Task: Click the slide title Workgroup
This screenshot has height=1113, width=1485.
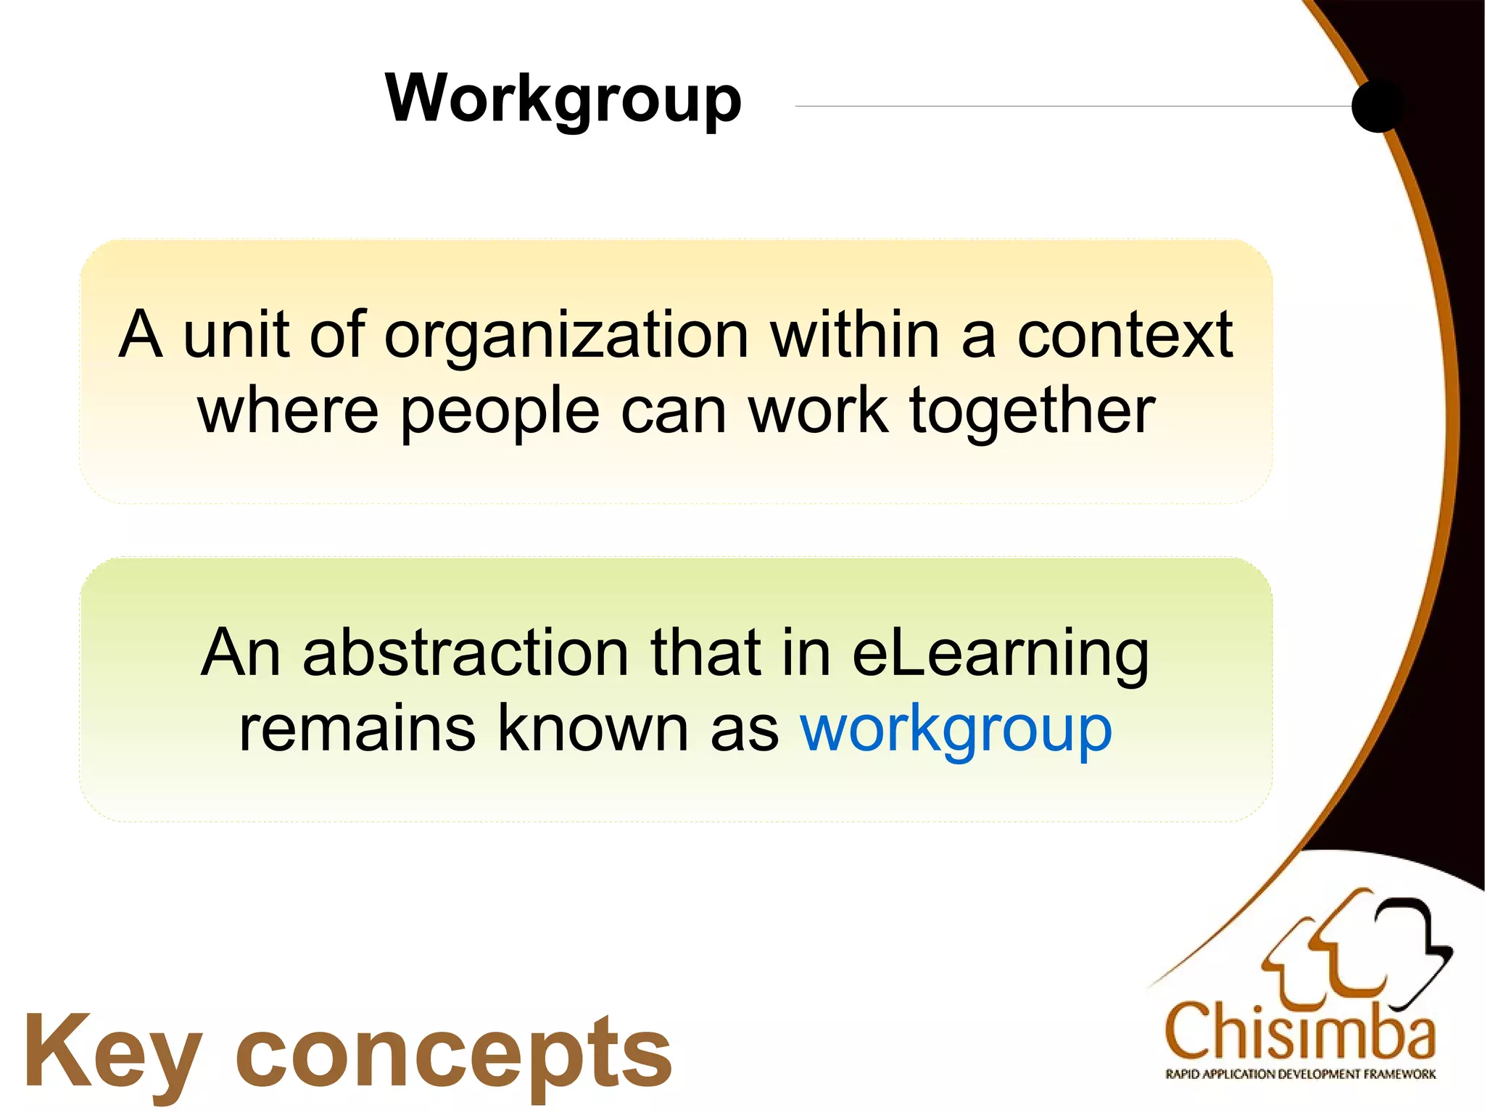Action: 563,100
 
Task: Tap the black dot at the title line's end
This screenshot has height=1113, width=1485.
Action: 1377,106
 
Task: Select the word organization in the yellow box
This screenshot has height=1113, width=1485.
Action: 566,335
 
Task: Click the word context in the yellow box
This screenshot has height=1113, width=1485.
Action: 1125,335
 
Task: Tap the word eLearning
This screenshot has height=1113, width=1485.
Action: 1001,653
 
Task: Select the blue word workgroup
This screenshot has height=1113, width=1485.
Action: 956,729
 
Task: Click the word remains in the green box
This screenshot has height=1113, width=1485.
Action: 357,728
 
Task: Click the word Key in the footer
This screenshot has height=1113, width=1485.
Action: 112,1053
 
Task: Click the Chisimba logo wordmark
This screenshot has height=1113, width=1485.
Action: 1299,1031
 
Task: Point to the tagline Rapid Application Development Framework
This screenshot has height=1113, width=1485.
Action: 1300,1074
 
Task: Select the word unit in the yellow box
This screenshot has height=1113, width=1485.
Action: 236,335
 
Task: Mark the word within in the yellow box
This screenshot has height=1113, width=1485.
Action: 855,335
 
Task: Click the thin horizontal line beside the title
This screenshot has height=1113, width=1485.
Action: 1073,107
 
